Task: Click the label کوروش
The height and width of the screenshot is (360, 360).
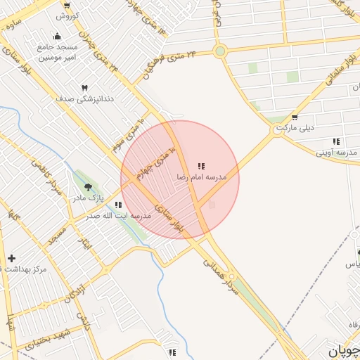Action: [67, 15]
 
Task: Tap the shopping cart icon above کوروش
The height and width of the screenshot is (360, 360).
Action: [67, 5]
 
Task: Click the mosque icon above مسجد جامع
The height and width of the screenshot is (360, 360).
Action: [57, 37]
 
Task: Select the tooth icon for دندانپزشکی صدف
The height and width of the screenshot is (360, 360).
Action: [85, 88]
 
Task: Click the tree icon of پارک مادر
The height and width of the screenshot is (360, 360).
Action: [88, 187]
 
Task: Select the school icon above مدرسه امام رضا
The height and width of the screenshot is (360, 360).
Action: [201, 167]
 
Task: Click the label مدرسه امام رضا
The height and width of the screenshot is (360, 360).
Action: [202, 178]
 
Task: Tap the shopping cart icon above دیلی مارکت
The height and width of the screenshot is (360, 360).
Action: [294, 117]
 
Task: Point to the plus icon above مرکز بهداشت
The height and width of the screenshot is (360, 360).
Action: [11, 259]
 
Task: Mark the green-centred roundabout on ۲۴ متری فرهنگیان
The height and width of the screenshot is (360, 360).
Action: [220, 51]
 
